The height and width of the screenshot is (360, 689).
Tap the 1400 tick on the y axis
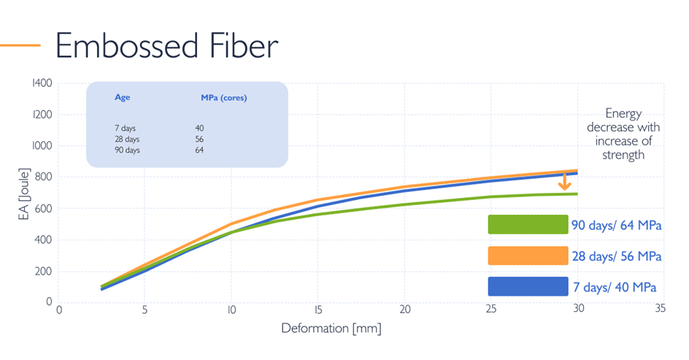[x=42, y=83]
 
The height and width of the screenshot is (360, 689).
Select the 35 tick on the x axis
[x=660, y=309]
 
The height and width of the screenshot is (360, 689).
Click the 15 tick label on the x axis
[x=317, y=309]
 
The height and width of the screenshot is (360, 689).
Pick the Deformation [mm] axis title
[x=331, y=328]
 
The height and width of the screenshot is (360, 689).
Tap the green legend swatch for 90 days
[x=528, y=224]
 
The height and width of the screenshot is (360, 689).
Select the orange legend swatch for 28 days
[x=528, y=256]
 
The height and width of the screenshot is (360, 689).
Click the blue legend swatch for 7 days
[x=528, y=286]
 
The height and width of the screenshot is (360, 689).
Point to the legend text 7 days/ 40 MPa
[x=616, y=287]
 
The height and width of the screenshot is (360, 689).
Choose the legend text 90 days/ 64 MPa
[x=617, y=225]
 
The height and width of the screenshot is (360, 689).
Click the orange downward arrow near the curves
[x=564, y=181]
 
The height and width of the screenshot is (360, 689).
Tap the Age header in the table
[x=122, y=97]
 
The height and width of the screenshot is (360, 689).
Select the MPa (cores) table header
[x=223, y=97]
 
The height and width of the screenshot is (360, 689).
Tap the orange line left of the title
[x=20, y=45]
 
